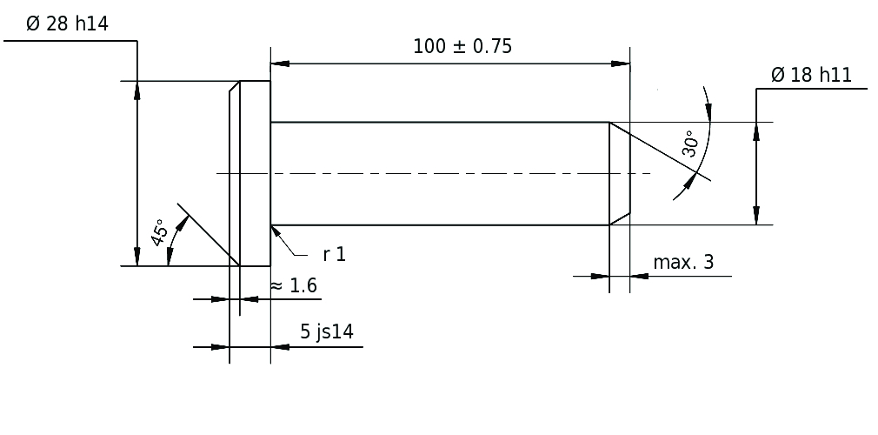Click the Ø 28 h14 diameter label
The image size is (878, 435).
point(67,24)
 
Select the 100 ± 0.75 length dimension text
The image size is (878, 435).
point(462,46)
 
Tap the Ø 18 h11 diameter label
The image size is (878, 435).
point(811,75)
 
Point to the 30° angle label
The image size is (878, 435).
point(691,144)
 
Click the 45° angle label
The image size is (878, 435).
point(160,232)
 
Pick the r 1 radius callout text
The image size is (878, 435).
point(335,255)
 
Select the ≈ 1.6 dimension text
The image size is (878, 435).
point(294,286)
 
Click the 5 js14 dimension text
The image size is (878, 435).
point(327,331)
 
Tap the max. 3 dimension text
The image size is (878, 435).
point(683,262)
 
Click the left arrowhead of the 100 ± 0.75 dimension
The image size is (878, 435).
point(280,64)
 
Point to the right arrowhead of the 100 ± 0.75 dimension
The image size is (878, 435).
point(621,64)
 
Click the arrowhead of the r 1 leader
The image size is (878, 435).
point(276,231)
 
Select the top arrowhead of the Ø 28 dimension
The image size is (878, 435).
point(137,90)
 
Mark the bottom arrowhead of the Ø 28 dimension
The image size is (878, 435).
point(137,256)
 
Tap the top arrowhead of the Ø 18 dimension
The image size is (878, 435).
point(756,131)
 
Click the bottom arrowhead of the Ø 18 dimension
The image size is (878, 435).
point(756,216)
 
